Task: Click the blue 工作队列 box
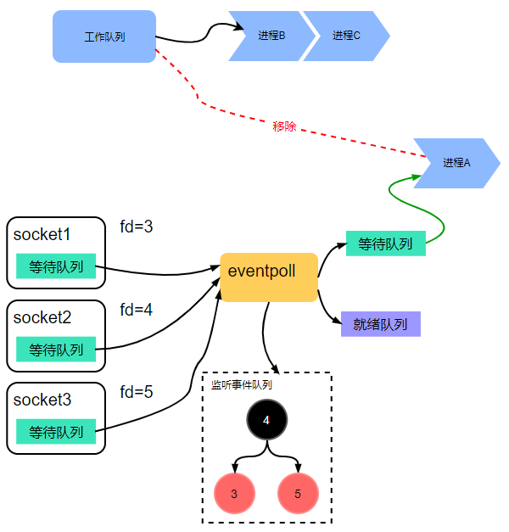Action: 104,36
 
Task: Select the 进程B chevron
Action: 269,36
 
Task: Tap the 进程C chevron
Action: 344,36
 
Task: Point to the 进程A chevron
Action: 456,162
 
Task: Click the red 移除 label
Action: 285,126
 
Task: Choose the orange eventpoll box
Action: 268,277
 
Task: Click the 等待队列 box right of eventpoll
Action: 385,244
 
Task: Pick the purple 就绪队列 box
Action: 381,324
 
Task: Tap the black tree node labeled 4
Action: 266,420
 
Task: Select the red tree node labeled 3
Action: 234,494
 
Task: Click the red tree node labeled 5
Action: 298,494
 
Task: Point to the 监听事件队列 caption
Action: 242,384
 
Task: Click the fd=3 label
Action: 136,227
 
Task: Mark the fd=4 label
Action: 136,310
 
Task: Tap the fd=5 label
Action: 136,392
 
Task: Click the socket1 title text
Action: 42,235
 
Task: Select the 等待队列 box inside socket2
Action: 56,349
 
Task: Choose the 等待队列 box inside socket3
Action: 56,432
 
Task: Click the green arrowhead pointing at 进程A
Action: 417,177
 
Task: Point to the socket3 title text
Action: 42,400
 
